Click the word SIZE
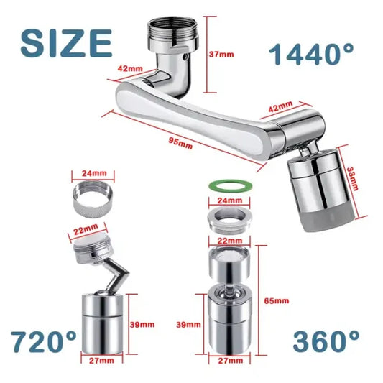(x=66, y=42)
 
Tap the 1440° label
(x=310, y=54)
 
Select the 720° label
(x=42, y=340)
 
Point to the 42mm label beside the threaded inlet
(x=129, y=70)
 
